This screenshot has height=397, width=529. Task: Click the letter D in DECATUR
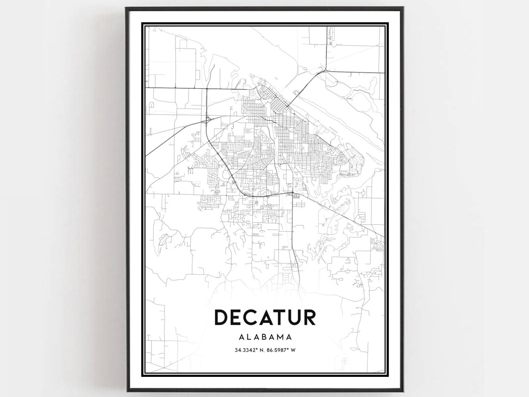pos(223,317)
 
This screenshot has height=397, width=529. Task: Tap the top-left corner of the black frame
pos(126,8)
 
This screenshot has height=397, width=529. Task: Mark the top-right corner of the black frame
pos(403,8)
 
